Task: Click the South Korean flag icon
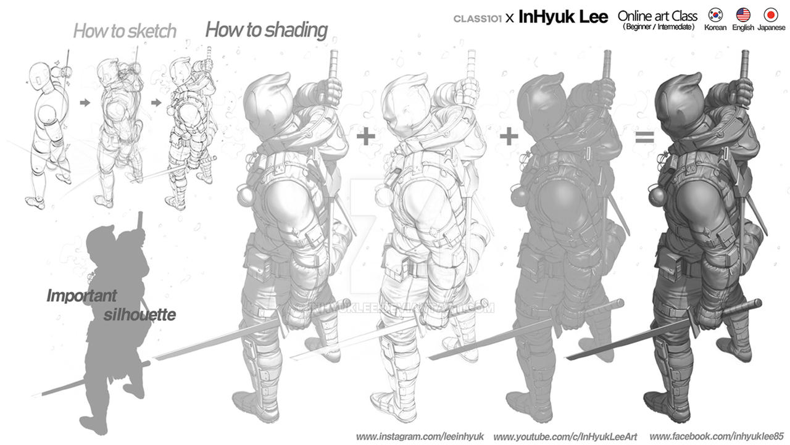(715, 15)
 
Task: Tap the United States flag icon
(742, 15)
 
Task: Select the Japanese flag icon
(770, 15)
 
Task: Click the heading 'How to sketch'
(125, 31)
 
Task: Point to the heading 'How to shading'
(266, 29)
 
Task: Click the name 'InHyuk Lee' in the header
(563, 17)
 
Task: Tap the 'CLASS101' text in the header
(477, 19)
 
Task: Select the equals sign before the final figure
(644, 138)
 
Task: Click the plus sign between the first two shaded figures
(366, 136)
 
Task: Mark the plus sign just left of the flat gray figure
(509, 136)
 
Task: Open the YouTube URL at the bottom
(565, 437)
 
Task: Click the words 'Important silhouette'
(111, 306)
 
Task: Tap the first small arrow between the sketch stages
(85, 102)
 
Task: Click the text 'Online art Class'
(657, 16)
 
